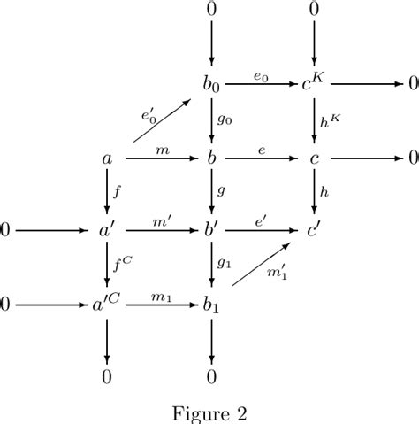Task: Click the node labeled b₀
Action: (211, 85)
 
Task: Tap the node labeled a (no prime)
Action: (107, 159)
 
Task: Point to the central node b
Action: (211, 158)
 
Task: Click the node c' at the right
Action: (315, 233)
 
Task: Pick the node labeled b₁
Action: (211, 307)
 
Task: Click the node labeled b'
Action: (212, 233)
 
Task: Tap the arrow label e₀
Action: (262, 76)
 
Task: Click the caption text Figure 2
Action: (209, 413)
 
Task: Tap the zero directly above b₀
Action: (211, 11)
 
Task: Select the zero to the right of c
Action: (412, 159)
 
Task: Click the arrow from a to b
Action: (160, 159)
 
